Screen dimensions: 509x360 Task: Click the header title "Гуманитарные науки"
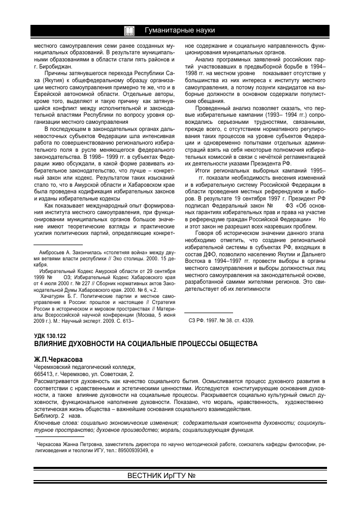(x=180, y=31)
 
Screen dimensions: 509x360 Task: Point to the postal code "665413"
(x=43, y=373)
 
